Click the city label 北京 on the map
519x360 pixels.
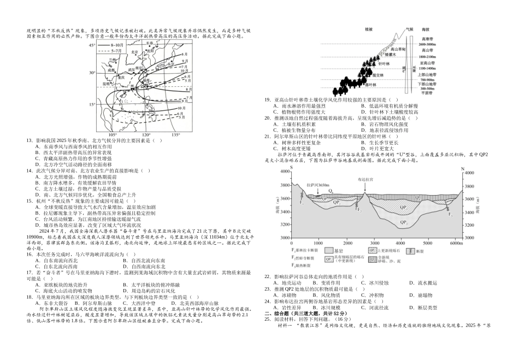pyautogui.click(x=134, y=52)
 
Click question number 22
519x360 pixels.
pyautogui.click(x=268, y=277)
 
